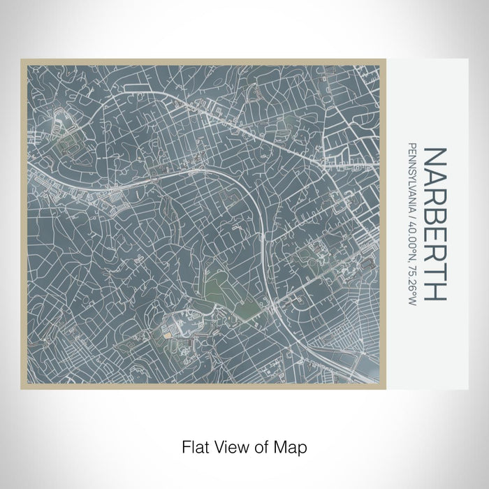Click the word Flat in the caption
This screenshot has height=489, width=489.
195,446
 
